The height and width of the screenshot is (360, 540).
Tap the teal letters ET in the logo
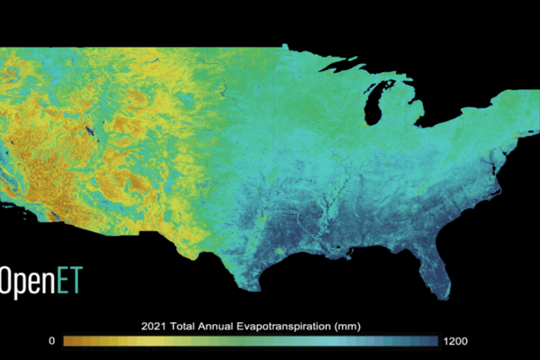tap(68, 280)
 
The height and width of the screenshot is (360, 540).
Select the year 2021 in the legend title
tap(156, 325)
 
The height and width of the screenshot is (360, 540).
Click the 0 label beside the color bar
tap(52, 341)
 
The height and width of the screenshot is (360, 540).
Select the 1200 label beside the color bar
tap(454, 341)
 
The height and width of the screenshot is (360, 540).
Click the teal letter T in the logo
tap(75, 280)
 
